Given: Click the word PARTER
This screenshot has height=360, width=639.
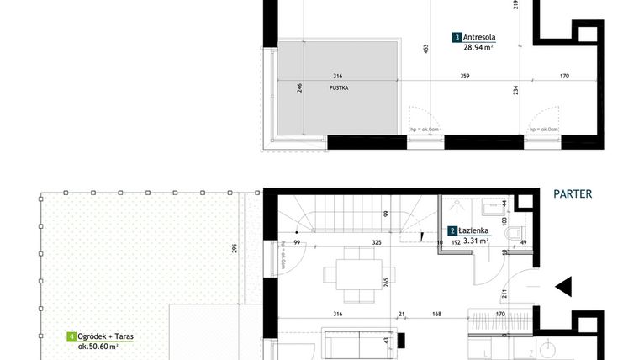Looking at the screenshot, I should click(573, 193).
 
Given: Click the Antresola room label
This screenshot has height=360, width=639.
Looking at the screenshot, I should click(479, 37).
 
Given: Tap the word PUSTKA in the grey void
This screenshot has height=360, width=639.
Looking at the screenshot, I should click(339, 87).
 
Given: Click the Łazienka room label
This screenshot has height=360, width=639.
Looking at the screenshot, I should click(476, 230).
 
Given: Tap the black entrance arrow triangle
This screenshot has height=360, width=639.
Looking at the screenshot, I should click(564, 286).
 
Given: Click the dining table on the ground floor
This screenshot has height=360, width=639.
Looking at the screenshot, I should click(349, 273).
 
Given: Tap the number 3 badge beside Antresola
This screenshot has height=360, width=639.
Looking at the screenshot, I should click(457, 37).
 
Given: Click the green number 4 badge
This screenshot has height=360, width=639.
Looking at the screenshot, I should click(71, 336).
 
